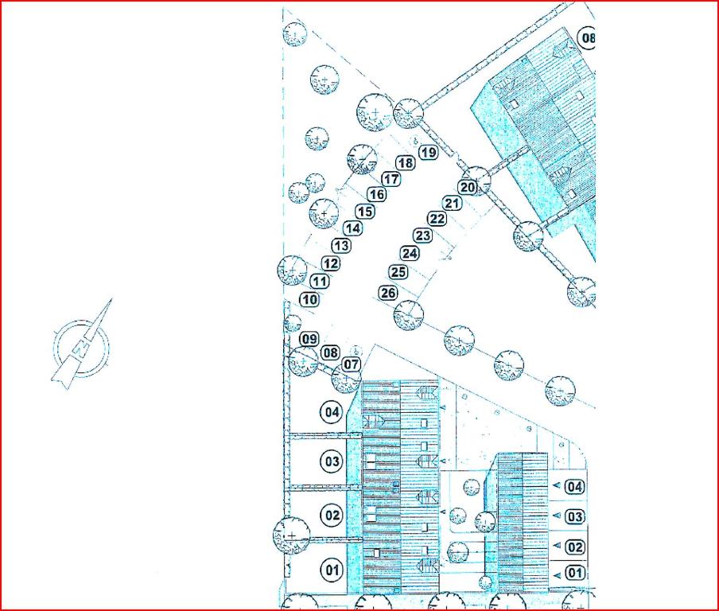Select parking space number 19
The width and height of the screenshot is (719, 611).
pyautogui.click(x=428, y=152)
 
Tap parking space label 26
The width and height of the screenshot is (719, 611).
pyautogui.click(x=388, y=293)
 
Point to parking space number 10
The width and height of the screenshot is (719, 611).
pyautogui.click(x=310, y=300)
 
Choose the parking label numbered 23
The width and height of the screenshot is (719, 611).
pyautogui.click(x=423, y=235)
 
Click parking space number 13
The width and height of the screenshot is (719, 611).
pyautogui.click(x=341, y=245)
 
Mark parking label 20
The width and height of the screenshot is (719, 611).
pyautogui.click(x=468, y=187)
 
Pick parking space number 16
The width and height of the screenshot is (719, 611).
pyautogui.click(x=377, y=194)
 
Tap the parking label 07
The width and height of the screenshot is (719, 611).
pyautogui.click(x=352, y=364)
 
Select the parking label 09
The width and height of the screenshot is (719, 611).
pyautogui.click(x=309, y=339)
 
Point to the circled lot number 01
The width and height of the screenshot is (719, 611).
pyautogui.click(x=332, y=570)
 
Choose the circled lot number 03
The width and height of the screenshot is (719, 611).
pyautogui.click(x=332, y=461)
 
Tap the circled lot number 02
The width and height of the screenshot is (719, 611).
pyautogui.click(x=332, y=515)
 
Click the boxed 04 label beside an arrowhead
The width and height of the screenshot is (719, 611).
pyautogui.click(x=575, y=486)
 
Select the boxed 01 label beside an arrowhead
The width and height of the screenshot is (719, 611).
pyautogui.click(x=575, y=573)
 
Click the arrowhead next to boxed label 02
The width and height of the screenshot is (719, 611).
pyautogui.click(x=557, y=546)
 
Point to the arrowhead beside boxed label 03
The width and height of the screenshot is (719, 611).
pyautogui.click(x=557, y=516)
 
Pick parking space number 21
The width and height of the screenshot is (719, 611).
pyautogui.click(x=452, y=203)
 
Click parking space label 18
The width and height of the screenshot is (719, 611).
pyautogui.click(x=406, y=163)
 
